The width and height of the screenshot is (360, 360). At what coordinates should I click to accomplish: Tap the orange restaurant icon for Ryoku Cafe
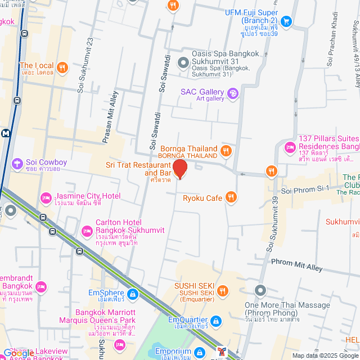231,197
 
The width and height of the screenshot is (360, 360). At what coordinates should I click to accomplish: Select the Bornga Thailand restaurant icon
226,150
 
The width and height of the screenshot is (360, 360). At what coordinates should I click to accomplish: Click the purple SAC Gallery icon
233,93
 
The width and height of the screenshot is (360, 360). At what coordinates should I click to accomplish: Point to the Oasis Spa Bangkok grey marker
182,62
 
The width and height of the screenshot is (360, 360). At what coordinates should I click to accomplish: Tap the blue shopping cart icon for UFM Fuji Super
286,21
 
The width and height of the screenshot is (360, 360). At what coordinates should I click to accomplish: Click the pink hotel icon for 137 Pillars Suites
290,147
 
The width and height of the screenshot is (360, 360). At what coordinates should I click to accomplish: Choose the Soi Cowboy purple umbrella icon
17,163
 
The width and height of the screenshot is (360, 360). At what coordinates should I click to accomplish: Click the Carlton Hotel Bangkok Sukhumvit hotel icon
87,231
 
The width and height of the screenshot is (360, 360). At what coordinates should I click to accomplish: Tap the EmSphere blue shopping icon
132,294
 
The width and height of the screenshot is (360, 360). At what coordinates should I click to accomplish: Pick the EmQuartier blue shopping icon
217,321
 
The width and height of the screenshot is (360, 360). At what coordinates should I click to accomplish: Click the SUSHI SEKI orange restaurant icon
223,291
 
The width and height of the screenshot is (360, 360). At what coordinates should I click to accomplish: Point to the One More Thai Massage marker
260,291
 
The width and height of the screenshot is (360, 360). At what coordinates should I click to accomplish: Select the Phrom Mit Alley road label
297,265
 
